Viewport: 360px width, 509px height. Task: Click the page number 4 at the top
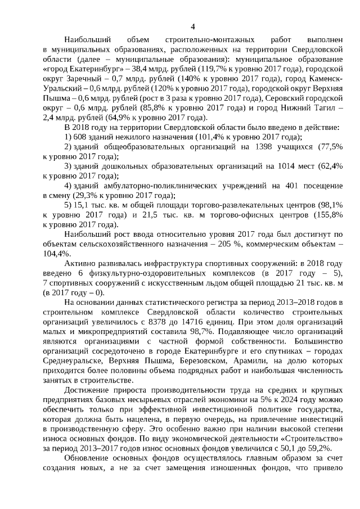pos(193,26)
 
